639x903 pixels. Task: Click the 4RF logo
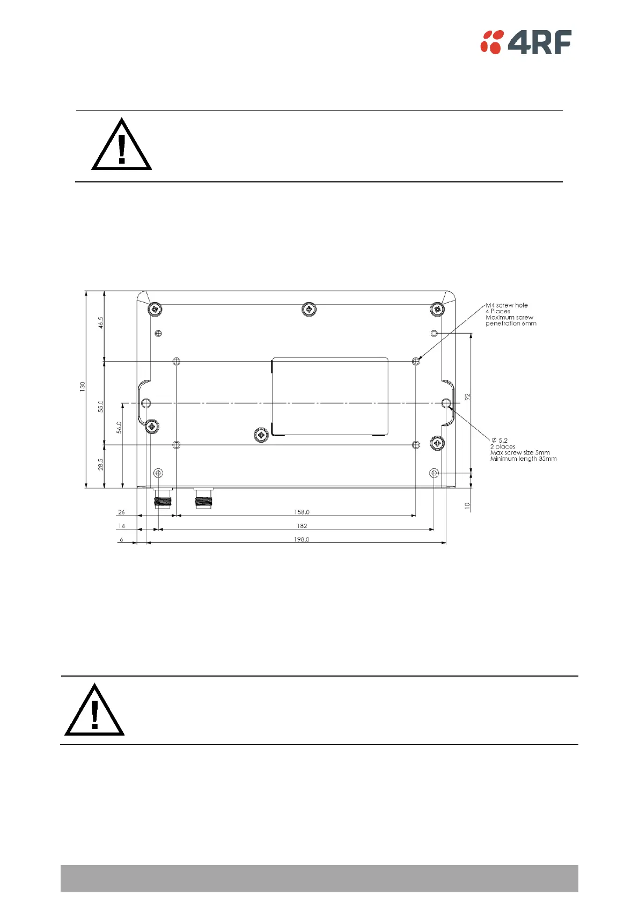[x=526, y=42]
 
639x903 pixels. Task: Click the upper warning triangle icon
[x=122, y=145]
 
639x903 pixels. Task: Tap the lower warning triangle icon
[x=94, y=711]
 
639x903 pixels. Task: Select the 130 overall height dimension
[x=83, y=386]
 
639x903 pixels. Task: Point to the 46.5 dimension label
[x=100, y=322]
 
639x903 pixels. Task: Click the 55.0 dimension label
[x=100, y=406]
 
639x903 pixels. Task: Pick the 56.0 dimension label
[x=119, y=427]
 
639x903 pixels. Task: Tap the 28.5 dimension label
[x=100, y=465]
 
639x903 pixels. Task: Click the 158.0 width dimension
[x=302, y=512]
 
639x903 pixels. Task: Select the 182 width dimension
[x=302, y=526]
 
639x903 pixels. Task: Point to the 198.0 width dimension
[x=302, y=539]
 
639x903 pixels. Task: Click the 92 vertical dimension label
[x=467, y=397]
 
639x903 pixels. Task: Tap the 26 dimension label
[x=121, y=512]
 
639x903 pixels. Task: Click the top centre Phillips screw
[x=309, y=309]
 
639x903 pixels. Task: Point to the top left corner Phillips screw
[x=155, y=309]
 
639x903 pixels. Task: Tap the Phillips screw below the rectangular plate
[x=261, y=435]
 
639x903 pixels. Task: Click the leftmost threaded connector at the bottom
[x=161, y=498]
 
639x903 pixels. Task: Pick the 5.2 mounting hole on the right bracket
[x=446, y=403]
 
